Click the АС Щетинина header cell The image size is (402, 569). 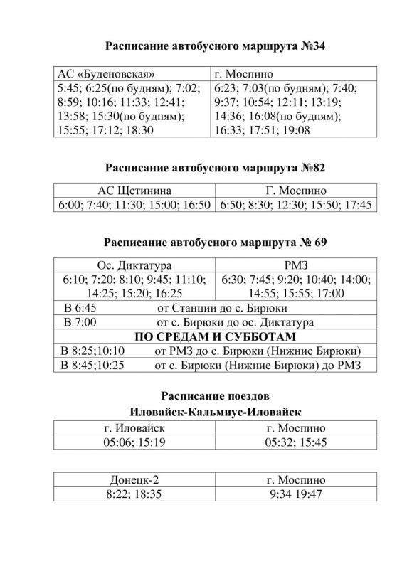[x=134, y=191]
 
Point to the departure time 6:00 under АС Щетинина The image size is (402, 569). [x=69, y=205]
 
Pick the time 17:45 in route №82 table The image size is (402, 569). [x=357, y=205]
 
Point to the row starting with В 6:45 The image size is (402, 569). [x=82, y=308]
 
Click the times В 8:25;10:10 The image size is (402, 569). [x=93, y=351]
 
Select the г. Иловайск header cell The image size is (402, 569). [x=134, y=428]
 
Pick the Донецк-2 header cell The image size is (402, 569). [x=134, y=479]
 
